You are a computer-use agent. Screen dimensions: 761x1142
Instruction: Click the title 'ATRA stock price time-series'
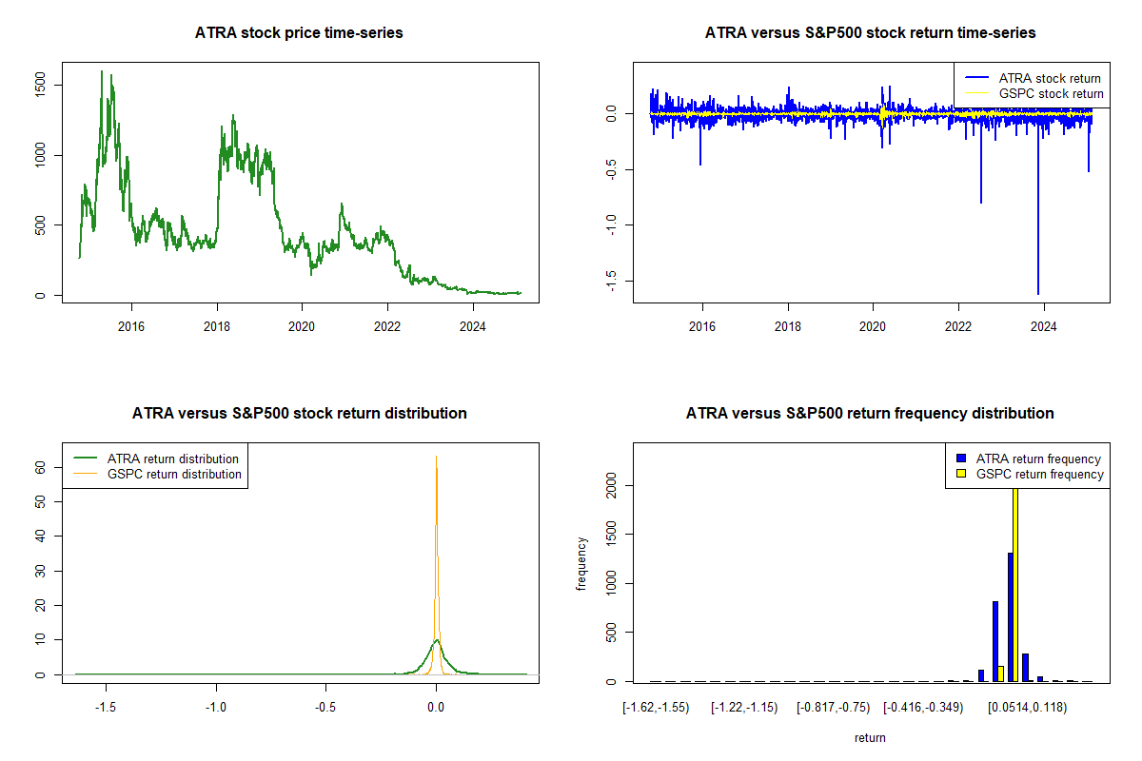point(299,33)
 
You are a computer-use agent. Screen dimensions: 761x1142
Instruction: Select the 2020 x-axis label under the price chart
point(302,326)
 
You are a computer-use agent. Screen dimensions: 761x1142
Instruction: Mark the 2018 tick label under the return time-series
point(788,326)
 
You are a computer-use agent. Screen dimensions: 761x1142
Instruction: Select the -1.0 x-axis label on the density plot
point(216,707)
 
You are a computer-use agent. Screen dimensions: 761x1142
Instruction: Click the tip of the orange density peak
point(436,457)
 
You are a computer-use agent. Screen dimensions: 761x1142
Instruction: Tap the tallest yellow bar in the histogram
point(1015,580)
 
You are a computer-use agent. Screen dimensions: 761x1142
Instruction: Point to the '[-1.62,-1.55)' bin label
point(656,707)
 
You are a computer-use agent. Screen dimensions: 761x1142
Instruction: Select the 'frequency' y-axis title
point(581,563)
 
